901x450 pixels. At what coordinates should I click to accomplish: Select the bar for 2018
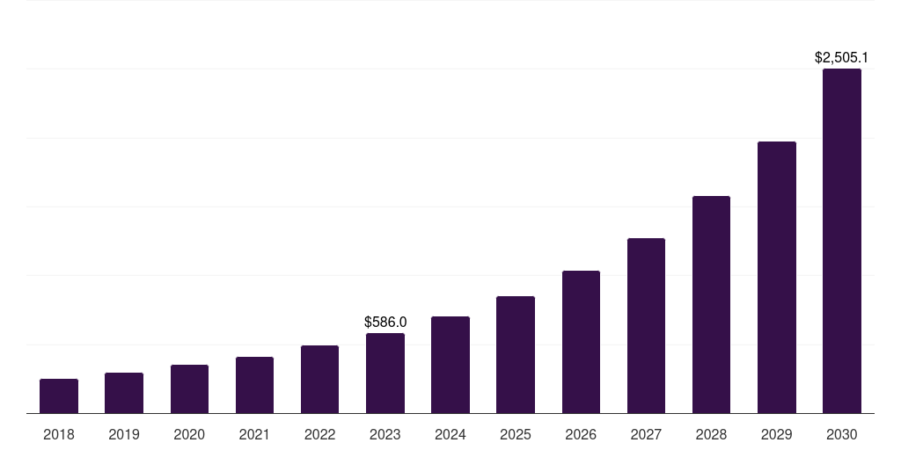pyautogui.click(x=59, y=396)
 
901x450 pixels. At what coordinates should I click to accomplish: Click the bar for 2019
pyautogui.click(x=124, y=393)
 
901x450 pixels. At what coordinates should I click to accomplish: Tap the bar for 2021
pyautogui.click(x=254, y=385)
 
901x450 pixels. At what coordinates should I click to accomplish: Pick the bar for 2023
pyautogui.click(x=385, y=374)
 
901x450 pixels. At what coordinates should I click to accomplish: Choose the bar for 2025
pyautogui.click(x=516, y=355)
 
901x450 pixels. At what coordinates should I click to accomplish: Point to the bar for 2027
pyautogui.click(x=646, y=326)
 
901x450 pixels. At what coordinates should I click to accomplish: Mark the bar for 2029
pyautogui.click(x=777, y=278)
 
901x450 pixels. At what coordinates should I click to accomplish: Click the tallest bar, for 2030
pyautogui.click(x=842, y=241)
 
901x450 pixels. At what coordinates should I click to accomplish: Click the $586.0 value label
pyautogui.click(x=385, y=323)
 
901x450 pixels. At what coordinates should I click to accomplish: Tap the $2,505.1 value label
pyautogui.click(x=842, y=58)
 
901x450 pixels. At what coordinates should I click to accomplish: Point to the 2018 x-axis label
pyautogui.click(x=59, y=434)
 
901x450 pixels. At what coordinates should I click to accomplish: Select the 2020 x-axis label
pyautogui.click(x=189, y=434)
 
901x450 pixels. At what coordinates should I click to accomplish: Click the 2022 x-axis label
pyautogui.click(x=319, y=434)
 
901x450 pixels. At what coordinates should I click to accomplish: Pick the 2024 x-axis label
pyautogui.click(x=450, y=434)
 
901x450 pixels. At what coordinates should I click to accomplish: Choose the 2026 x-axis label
pyautogui.click(x=581, y=434)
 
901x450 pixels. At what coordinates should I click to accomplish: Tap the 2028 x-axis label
pyautogui.click(x=711, y=434)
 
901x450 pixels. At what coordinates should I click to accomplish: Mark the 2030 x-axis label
pyautogui.click(x=842, y=434)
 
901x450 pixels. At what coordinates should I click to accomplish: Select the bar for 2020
pyautogui.click(x=189, y=389)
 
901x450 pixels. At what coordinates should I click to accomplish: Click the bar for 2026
pyautogui.click(x=581, y=342)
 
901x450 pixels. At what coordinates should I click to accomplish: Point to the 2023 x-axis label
pyautogui.click(x=385, y=434)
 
